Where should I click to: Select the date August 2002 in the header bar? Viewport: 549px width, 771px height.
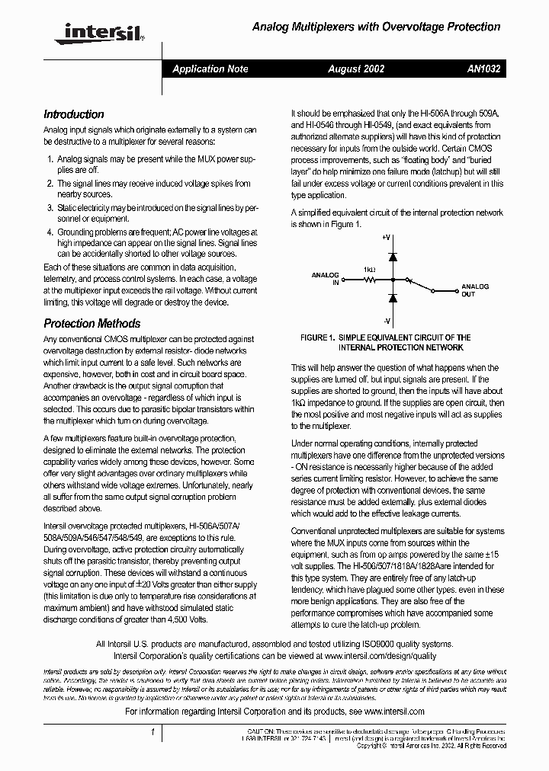356,69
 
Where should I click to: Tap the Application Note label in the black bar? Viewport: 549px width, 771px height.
210,69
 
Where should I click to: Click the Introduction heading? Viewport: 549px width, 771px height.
74,114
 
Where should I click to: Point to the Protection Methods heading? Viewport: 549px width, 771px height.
92,323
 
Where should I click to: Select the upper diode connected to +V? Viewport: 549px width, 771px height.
391,258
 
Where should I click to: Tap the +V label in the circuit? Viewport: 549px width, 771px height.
387,238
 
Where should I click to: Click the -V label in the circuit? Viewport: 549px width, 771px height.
387,321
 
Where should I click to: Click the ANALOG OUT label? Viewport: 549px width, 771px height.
474,290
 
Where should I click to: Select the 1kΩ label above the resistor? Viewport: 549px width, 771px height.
369,269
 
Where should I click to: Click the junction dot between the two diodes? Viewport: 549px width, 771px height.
391,280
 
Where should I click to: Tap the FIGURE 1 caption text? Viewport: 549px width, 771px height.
385,342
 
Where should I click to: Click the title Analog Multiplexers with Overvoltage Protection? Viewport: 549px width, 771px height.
376,27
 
